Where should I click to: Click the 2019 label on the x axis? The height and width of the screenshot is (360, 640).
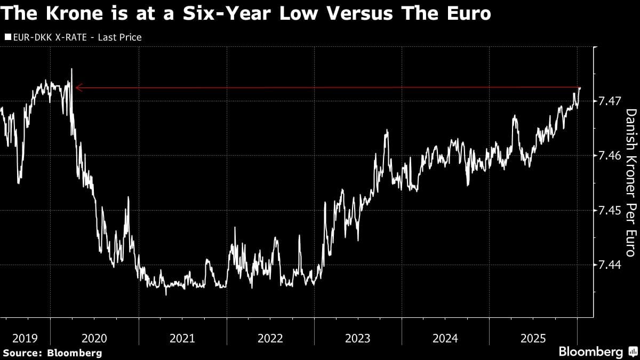coord(25,338)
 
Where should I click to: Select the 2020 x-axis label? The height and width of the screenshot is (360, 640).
coord(94,338)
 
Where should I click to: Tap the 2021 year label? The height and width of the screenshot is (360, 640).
coord(182,338)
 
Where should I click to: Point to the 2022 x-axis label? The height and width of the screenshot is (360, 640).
coord(270,338)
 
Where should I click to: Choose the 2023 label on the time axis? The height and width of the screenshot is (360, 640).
coord(358,338)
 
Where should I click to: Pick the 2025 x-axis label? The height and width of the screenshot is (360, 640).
coord(533,338)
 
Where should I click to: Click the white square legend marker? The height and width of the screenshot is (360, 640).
coord(7,37)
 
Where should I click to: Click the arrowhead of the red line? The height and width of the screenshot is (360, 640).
coord(77,87)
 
